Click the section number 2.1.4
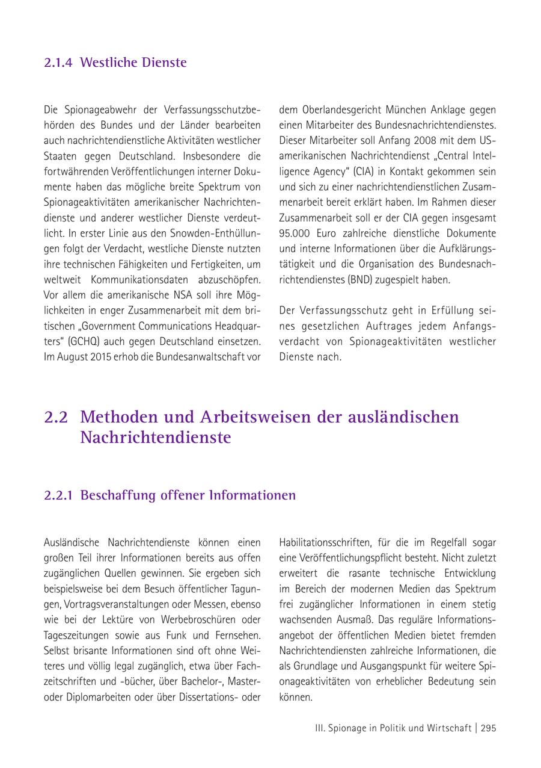coord(58,63)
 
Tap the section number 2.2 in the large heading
coord(56,417)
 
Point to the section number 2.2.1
coord(58,495)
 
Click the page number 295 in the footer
coord(488,728)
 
